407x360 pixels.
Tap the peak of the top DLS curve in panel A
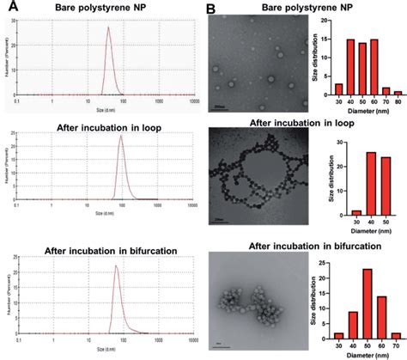(108, 27)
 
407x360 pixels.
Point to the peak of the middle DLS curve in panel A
(121, 137)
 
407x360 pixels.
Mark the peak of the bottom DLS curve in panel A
(117, 266)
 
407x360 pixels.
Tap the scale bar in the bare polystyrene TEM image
(222, 107)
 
